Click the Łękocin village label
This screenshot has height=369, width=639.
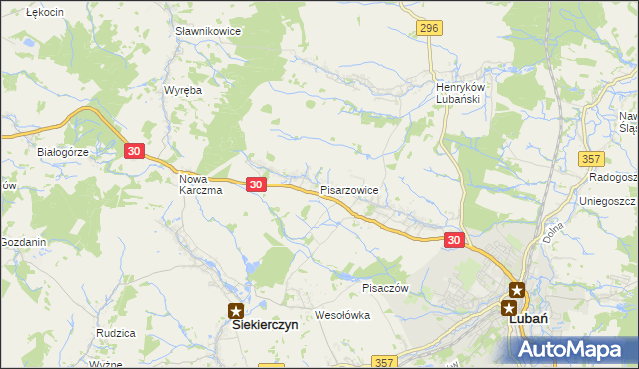(45, 11)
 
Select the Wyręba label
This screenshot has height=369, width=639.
(183, 90)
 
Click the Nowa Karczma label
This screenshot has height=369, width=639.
(200, 184)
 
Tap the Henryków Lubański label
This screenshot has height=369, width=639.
(460, 94)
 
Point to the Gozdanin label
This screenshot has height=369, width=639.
(23, 243)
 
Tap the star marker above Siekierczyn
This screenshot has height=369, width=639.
(236, 311)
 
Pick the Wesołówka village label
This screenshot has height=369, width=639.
(342, 315)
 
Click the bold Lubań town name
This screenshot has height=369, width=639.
(525, 319)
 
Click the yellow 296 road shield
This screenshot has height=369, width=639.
(430, 28)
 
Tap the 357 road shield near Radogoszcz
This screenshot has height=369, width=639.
(593, 159)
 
